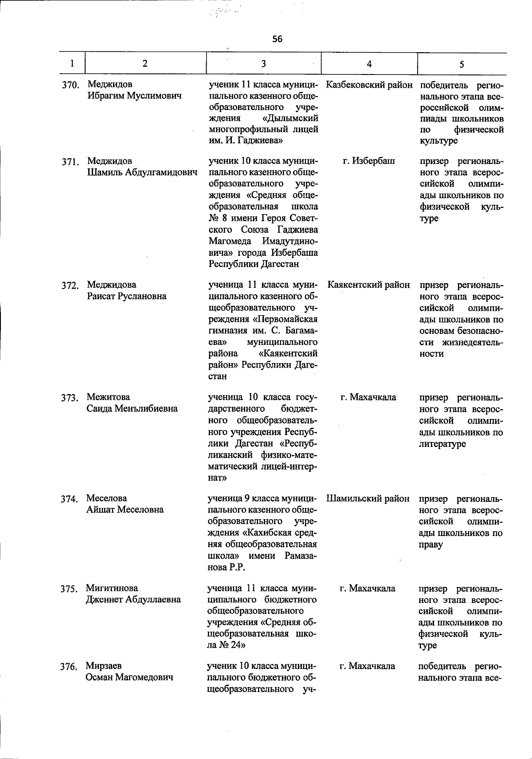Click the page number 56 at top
[x=277, y=39]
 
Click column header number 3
[x=263, y=63]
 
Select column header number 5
[x=462, y=64]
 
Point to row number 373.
[x=70, y=398]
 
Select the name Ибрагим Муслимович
[x=134, y=96]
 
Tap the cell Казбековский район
[x=369, y=85]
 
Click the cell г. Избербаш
[x=369, y=161]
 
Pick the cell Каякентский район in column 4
[x=369, y=285]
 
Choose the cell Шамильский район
[x=368, y=498]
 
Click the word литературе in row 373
[x=442, y=443]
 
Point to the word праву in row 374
[x=430, y=544]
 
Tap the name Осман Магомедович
[x=129, y=677]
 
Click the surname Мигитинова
[x=112, y=588]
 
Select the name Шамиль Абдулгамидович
[x=142, y=172]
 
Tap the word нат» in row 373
[x=218, y=478]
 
